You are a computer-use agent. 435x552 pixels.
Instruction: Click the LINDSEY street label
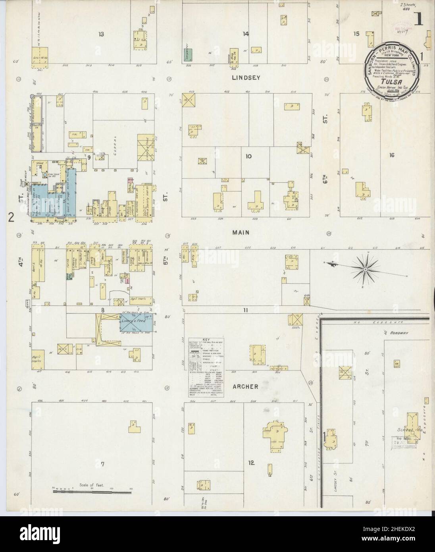point(246,78)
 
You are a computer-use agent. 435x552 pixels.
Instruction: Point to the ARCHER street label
point(246,386)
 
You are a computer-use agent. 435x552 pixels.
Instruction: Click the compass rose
point(364,269)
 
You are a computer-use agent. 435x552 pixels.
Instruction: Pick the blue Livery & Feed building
point(137,322)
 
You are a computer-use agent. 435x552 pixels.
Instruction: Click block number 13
point(102,34)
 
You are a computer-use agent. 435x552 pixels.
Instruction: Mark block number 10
point(248,156)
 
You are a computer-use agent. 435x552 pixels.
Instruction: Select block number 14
point(246,34)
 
